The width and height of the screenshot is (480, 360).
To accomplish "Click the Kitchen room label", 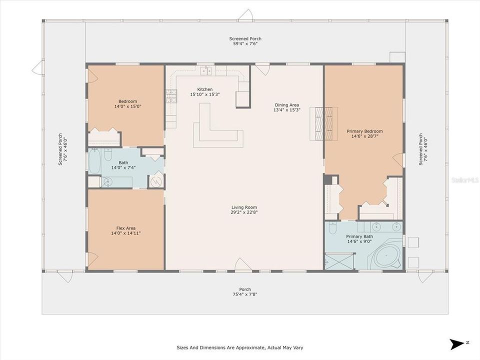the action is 205,89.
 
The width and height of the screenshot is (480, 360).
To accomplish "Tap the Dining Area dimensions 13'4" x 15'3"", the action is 287,110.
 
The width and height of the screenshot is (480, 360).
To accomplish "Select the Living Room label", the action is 244,207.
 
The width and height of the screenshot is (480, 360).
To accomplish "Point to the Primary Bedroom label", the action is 364,131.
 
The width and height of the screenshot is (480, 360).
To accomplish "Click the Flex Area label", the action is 126,228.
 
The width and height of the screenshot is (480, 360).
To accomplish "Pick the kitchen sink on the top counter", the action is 206,70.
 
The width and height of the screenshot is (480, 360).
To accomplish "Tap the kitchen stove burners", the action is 171,95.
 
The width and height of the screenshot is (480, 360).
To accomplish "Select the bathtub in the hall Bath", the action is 94,161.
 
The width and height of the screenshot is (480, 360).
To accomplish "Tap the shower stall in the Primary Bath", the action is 339,261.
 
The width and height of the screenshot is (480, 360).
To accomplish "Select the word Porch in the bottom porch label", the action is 245,289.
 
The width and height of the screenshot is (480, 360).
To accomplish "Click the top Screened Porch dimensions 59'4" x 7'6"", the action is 245,44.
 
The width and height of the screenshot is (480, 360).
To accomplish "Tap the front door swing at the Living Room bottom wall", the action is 243,265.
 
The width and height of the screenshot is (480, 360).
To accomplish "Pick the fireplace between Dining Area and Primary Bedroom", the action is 324,123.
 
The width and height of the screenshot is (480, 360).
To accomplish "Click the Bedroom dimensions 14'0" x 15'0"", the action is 127,106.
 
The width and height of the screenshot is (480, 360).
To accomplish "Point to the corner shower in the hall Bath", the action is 156,180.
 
